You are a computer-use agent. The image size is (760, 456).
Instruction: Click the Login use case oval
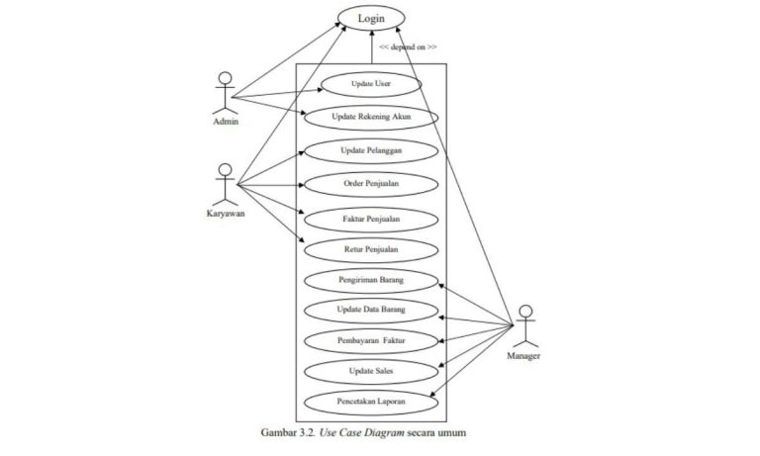(x=371, y=18)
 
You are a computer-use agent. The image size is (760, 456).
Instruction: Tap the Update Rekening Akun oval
(x=371, y=117)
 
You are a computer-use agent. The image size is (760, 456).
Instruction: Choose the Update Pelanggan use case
(x=371, y=150)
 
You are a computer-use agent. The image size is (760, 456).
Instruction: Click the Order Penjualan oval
(x=371, y=183)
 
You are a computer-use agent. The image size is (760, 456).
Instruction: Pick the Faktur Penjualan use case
(x=371, y=218)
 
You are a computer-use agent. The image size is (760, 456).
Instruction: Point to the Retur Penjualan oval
(x=371, y=249)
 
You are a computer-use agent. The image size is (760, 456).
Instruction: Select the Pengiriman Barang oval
(x=371, y=280)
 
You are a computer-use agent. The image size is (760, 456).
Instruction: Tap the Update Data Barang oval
(x=371, y=311)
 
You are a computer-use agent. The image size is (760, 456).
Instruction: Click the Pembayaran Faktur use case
(x=371, y=341)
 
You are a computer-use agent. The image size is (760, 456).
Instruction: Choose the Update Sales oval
(x=371, y=371)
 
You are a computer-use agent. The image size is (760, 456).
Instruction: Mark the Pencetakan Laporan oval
(x=371, y=403)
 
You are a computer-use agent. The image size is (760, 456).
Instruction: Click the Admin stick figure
(x=226, y=92)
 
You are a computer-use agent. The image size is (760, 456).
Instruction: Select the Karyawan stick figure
(x=227, y=182)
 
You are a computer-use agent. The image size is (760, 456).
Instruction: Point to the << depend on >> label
(x=408, y=46)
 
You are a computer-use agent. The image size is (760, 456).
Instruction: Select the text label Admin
(x=226, y=122)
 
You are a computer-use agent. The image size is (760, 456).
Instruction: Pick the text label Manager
(x=524, y=355)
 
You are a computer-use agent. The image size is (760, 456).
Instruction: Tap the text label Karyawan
(x=227, y=212)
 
